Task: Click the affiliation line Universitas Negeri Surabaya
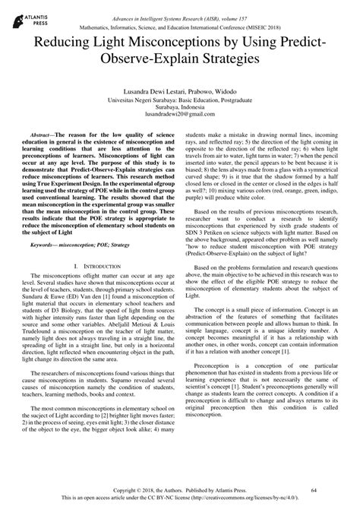click(x=179, y=97)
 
